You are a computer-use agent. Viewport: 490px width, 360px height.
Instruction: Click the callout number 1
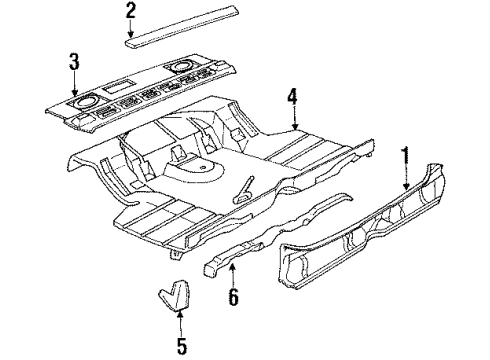coord(406,156)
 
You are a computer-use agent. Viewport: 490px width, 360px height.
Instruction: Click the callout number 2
coord(130,12)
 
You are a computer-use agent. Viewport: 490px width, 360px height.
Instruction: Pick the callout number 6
coord(234,296)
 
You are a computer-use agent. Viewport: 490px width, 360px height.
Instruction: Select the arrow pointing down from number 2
coord(130,30)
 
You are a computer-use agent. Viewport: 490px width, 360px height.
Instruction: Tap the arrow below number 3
coord(74,86)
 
